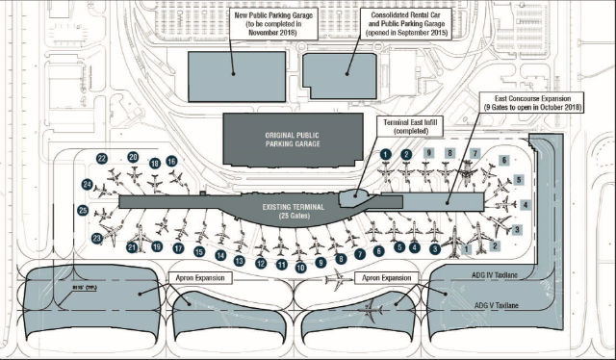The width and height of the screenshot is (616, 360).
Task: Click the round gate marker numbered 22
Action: click(x=101, y=159)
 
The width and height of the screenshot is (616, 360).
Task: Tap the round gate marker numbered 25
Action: click(x=83, y=209)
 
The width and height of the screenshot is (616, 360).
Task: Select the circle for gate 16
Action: click(x=171, y=161)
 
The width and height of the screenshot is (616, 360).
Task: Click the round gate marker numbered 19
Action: click(x=155, y=246)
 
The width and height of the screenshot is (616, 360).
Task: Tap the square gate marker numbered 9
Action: click(x=427, y=153)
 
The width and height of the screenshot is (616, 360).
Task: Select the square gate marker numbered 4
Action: click(x=526, y=205)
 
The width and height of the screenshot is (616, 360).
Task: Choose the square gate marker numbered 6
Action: click(x=501, y=160)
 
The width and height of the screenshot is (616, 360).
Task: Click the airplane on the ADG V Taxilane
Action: click(x=373, y=311)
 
